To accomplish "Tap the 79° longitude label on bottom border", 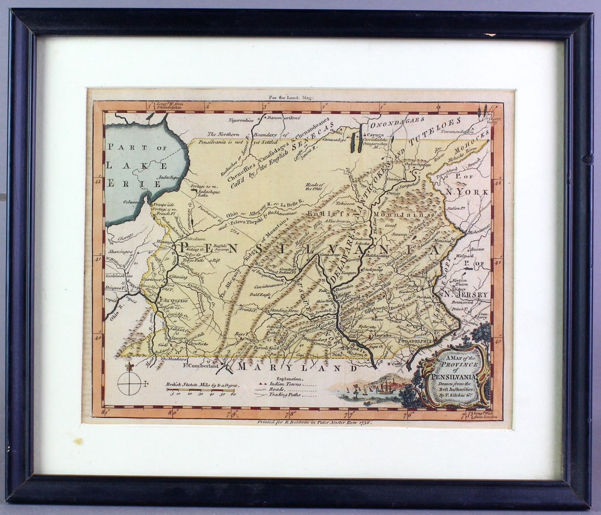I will [x=233, y=413].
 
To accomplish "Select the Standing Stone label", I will [x=285, y=310].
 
